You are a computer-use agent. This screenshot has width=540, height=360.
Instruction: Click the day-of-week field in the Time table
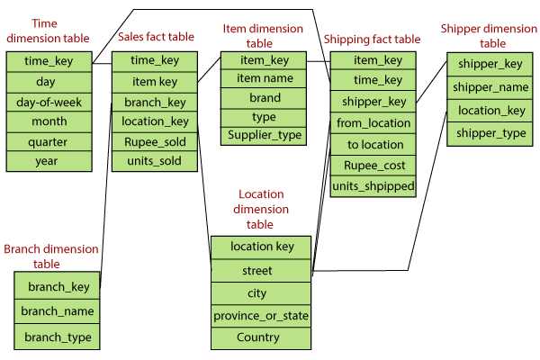(49, 103)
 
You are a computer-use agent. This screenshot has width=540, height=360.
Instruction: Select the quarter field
(49, 142)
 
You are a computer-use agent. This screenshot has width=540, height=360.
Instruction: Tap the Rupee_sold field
(155, 142)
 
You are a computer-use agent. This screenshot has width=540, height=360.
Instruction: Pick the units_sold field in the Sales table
(155, 161)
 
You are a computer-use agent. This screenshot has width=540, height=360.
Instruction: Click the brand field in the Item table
(264, 98)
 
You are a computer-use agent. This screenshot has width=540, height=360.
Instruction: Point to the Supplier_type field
(264, 135)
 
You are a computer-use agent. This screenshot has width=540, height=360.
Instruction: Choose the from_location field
(373, 122)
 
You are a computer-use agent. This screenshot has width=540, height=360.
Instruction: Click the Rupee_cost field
(373, 166)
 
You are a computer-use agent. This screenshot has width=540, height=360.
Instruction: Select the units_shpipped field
(373, 186)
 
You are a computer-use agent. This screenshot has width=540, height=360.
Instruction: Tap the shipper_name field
(490, 87)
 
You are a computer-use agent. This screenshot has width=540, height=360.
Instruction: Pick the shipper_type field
(490, 134)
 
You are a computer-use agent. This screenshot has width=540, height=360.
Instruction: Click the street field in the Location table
(261, 271)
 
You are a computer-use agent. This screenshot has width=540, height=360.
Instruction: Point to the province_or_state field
(261, 316)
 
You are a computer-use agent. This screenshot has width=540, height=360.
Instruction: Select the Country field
(261, 338)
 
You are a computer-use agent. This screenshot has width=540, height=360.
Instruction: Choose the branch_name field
(57, 311)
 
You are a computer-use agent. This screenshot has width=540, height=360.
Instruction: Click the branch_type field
(57, 337)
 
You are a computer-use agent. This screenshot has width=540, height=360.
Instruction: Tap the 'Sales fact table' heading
(156, 37)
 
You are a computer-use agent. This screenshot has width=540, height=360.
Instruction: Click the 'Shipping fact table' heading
(372, 40)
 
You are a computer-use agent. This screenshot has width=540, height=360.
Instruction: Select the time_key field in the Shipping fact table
(373, 80)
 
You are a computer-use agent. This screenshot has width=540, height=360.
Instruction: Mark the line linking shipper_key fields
(431, 82)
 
